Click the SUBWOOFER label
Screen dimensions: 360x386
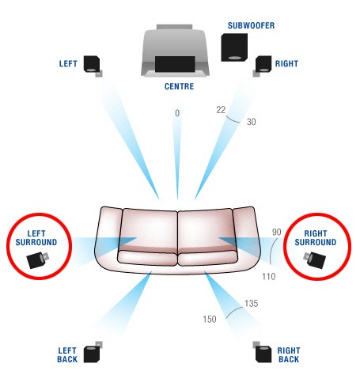[x=251, y=25]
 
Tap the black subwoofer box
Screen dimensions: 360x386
[x=234, y=47]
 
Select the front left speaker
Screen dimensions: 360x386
[x=93, y=66]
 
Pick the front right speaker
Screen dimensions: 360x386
[x=263, y=66]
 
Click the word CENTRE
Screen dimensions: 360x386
[x=179, y=86]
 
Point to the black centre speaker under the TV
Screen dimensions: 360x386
[x=175, y=64]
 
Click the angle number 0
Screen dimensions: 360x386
[x=177, y=113]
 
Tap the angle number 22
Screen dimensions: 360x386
[x=221, y=110]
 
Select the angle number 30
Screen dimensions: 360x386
[x=251, y=122]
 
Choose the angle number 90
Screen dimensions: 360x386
[x=276, y=232]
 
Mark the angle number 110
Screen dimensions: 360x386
[x=269, y=277]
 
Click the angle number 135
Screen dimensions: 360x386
[x=251, y=304]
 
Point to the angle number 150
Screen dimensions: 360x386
[x=210, y=320]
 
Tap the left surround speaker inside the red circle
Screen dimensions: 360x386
[x=37, y=259]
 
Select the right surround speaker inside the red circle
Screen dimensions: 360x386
[x=314, y=259]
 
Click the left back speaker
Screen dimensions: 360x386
[x=93, y=353]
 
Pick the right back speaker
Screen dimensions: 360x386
[x=262, y=353]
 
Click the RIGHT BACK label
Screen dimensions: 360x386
[x=289, y=355]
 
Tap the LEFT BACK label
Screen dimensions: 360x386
[x=67, y=355]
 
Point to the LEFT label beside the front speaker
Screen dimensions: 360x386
[x=68, y=64]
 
